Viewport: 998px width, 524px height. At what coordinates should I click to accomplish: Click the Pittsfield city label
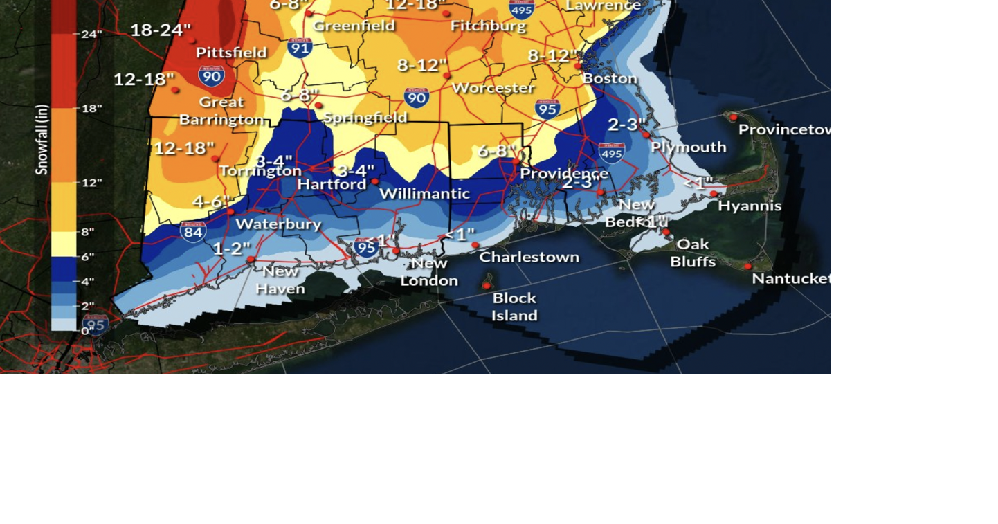pos(231,53)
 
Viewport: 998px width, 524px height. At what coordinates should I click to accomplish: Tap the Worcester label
pos(493,88)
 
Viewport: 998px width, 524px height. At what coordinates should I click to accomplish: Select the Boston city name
pos(609,78)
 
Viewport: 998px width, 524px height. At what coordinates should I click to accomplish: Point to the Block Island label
pos(514,307)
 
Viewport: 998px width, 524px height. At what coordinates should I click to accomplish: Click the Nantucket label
pos(790,278)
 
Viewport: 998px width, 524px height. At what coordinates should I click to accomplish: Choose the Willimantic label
pos(424,194)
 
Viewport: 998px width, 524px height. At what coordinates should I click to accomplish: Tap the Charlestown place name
pos(529,257)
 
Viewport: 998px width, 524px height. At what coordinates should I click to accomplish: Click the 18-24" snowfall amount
pos(161,30)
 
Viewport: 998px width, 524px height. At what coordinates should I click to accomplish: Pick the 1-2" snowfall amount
pos(232,249)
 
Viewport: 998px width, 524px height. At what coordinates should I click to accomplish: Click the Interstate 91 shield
pos(300,47)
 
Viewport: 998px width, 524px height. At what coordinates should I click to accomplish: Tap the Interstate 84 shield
pos(193,231)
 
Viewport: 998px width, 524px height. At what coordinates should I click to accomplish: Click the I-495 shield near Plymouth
pos(612,153)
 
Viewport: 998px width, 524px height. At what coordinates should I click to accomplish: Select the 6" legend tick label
pos(87,257)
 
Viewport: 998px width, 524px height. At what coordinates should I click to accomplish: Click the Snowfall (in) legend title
pos(42,140)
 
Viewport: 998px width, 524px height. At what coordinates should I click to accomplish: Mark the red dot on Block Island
pos(487,285)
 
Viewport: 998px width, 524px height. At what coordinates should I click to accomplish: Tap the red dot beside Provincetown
pos(734,118)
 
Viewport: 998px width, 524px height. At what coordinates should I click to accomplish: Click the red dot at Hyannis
pos(714,194)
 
